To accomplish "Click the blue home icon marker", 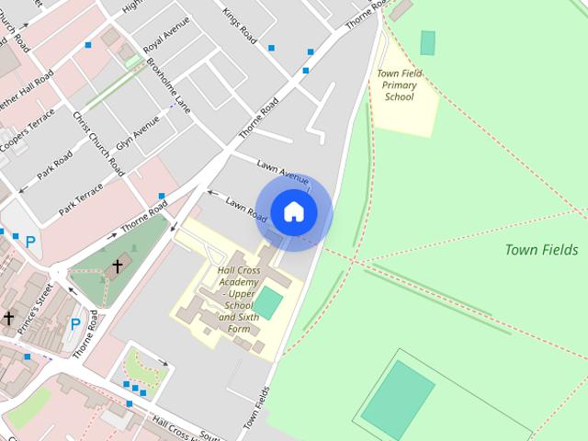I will point(294,211).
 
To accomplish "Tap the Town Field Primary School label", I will point(400,85).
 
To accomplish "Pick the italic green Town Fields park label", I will point(541,250).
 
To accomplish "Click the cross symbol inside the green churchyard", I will point(117,266).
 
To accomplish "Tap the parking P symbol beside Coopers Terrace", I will point(30,243).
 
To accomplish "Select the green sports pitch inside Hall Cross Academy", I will point(267,301).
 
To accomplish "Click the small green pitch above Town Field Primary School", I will point(427,42).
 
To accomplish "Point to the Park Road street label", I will point(55,164).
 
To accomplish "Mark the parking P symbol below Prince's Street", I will point(75,323).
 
